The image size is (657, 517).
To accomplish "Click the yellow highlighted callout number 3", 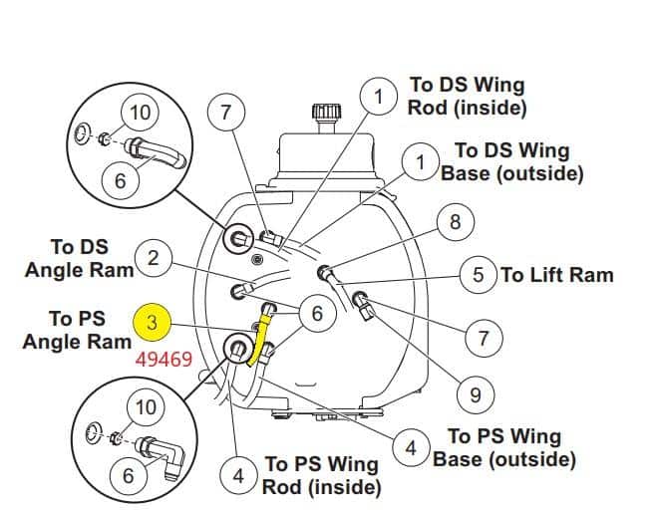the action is point(152,323).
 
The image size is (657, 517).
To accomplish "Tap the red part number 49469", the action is point(164,360).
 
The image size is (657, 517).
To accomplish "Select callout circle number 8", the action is point(456,221).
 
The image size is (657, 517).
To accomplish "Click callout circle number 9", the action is point(476,394).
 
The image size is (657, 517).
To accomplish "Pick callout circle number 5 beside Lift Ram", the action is point(479,275).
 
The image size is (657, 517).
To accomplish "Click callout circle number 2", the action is point(154,258).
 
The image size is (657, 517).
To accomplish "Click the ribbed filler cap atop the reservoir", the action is point(326,112).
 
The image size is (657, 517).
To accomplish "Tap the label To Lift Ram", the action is point(557,275).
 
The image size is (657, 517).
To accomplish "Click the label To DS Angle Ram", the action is point(79,258).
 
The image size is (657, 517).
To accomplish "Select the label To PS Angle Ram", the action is point(77,331).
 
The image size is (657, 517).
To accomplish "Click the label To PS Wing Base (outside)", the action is point(504,448).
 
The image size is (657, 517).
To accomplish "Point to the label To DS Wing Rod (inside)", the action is point(468,96).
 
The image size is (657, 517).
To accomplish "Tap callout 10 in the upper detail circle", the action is point(140,113).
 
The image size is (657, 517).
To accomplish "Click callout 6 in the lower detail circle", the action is point(128,475).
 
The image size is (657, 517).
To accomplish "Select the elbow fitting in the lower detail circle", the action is point(162,453).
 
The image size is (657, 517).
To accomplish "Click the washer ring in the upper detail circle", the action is point(82,133).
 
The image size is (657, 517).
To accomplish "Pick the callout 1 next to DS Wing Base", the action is point(421,162).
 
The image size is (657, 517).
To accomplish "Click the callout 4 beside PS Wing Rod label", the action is point(238,475).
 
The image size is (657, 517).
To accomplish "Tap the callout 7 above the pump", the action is point(226,113).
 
